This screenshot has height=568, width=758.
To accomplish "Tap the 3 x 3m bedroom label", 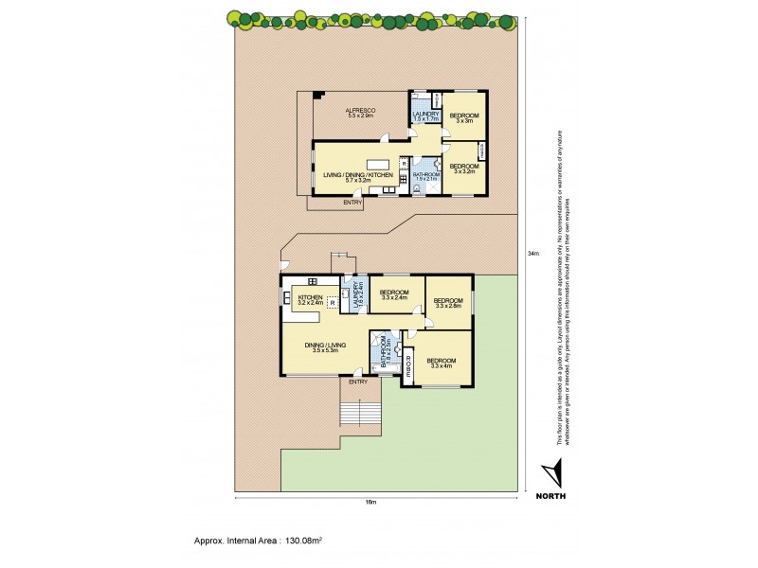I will tap(464, 118).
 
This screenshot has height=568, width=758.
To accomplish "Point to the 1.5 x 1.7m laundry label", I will tap(422, 117).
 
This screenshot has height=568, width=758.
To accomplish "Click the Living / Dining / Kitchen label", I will tap(357, 177).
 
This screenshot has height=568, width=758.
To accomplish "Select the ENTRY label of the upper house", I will tap(352, 202).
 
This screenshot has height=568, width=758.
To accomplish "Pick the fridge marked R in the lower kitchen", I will tap(333, 302).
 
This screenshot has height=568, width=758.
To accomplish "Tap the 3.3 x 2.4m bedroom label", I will tap(393, 295).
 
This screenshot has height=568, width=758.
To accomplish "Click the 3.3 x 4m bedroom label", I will tap(442, 364).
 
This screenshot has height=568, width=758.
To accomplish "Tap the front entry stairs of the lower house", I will tap(361, 414).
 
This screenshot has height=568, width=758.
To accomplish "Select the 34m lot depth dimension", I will tap(532, 253).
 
